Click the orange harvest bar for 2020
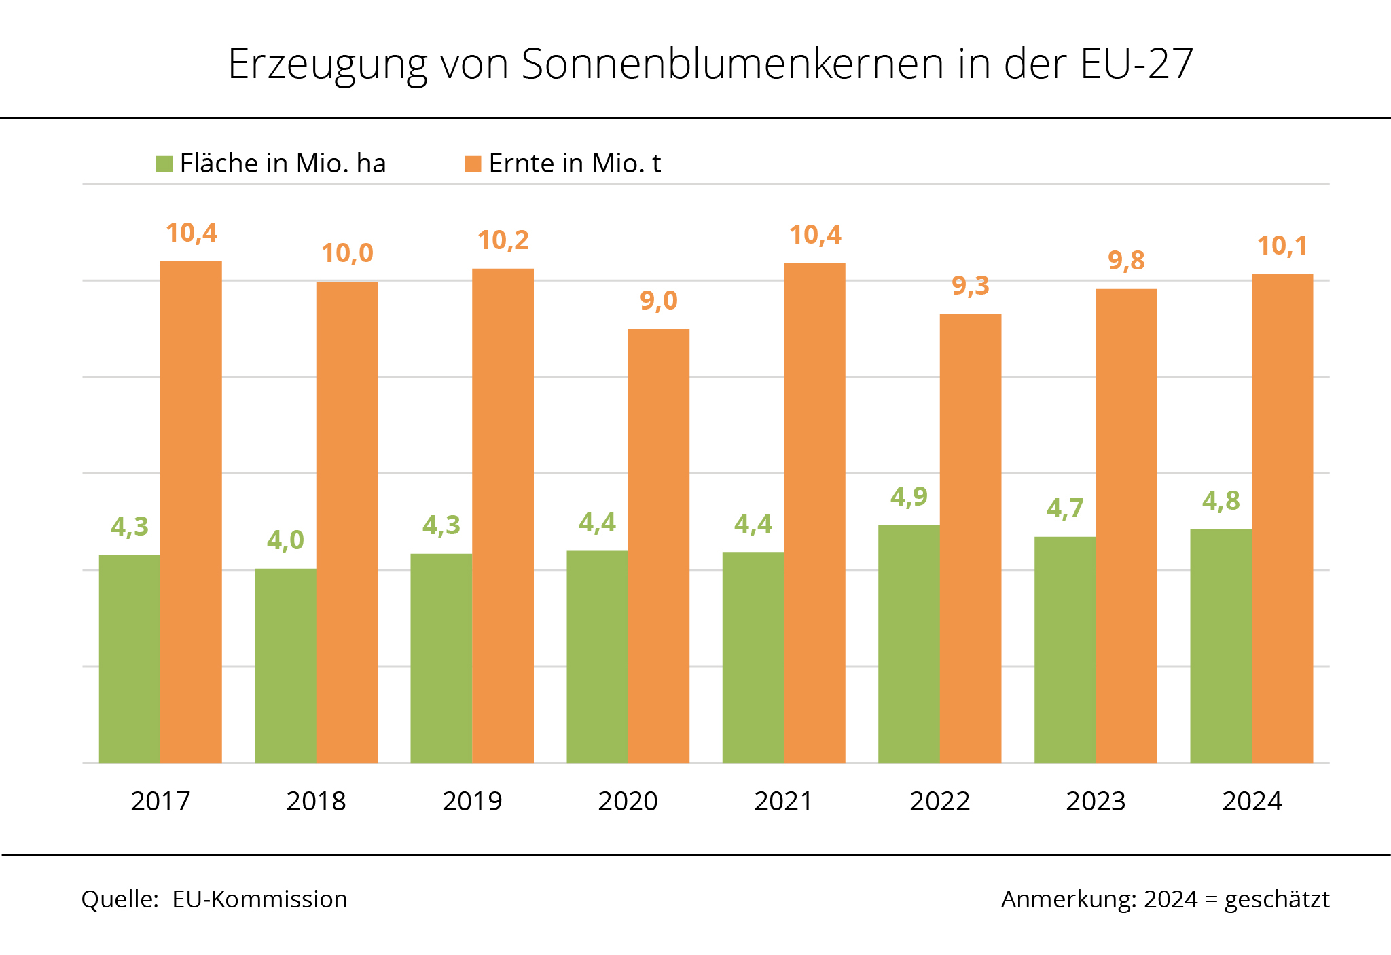coord(658,546)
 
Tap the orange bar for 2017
coord(191,512)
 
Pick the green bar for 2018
coord(285,665)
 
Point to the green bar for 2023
coord(1065,650)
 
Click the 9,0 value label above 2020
coord(659,300)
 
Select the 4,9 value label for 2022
coord(909,497)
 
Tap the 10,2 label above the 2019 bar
coord(503,240)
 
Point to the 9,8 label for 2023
coord(1126,261)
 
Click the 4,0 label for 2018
coord(285,540)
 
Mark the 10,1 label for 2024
coord(1282,246)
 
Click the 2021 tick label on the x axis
coord(784,802)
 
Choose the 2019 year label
coord(472,802)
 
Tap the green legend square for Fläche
coord(164,164)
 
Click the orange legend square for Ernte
coord(473,164)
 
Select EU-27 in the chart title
coord(1136,64)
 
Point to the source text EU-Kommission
coord(259,899)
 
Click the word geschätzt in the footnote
coord(1277,899)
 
